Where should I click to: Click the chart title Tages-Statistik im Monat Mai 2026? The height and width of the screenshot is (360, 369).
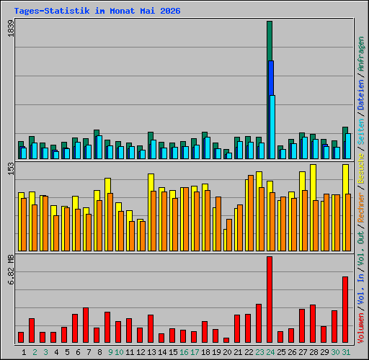pyautogui.click(x=97, y=11)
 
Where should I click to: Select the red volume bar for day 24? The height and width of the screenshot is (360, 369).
pyautogui.click(x=270, y=300)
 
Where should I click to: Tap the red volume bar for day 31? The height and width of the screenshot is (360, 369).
pyautogui.click(x=345, y=310)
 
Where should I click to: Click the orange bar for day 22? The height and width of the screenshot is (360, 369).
pyautogui.click(x=251, y=213)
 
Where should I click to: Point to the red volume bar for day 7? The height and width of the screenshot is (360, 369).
pyautogui.click(x=86, y=325)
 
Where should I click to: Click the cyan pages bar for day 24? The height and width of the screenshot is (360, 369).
pyautogui.click(x=272, y=127)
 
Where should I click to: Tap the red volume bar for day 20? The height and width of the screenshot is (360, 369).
pyautogui.click(x=226, y=340)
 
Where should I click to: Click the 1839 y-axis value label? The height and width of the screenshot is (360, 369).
pyautogui.click(x=11, y=29)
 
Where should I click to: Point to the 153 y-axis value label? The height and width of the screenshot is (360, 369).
pyautogui.click(x=11, y=168)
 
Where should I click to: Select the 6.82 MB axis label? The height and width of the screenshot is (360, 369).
pyautogui.click(x=11, y=270)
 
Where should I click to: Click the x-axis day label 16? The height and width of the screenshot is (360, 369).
pyautogui.click(x=184, y=352)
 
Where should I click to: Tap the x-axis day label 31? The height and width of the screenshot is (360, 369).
pyautogui.click(x=346, y=352)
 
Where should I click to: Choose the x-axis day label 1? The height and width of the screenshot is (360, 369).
pyautogui.click(x=24, y=352)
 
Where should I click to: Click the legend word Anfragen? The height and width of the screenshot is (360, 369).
pyautogui.click(x=361, y=54)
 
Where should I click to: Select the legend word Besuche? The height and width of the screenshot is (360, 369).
pyautogui.click(x=361, y=168)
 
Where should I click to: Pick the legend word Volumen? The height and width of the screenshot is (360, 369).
pyautogui.click(x=361, y=328)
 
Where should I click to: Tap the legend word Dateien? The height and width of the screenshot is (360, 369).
pyautogui.click(x=361, y=95)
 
